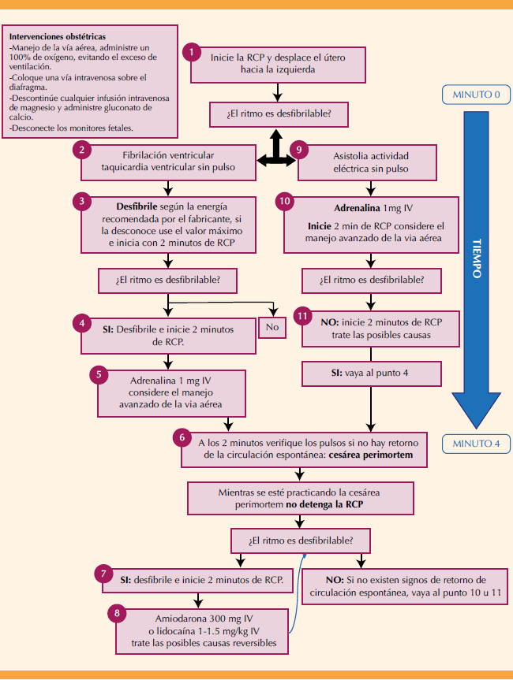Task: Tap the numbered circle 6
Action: (x=183, y=436)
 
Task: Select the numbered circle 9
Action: (x=297, y=149)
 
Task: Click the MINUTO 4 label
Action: (x=475, y=444)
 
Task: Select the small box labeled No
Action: (x=273, y=327)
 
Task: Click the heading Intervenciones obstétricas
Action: (x=57, y=36)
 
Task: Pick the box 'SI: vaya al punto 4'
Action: (x=369, y=373)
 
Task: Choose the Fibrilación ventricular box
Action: (x=169, y=162)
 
